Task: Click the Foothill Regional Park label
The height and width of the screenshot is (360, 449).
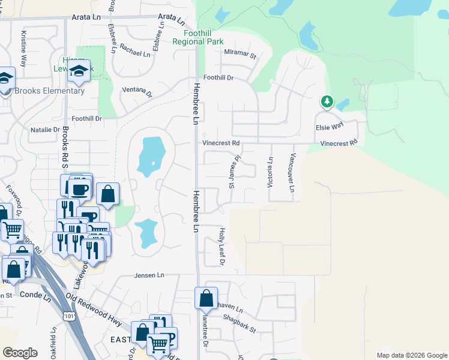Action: (x=197, y=37)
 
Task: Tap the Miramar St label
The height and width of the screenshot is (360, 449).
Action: (x=240, y=55)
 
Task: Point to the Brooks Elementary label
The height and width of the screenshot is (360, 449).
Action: (x=49, y=91)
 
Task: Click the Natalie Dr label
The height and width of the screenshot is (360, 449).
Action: (x=46, y=130)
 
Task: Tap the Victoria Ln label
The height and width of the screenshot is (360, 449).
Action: (x=270, y=172)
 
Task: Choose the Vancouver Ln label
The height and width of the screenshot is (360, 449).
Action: (x=292, y=172)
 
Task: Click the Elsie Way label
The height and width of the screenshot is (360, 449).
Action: (x=330, y=127)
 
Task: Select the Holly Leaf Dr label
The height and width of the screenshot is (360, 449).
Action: (x=221, y=247)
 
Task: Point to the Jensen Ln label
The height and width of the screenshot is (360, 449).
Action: (x=148, y=275)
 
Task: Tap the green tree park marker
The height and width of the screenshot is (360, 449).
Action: (x=327, y=102)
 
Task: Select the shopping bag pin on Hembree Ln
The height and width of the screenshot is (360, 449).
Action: (x=206, y=298)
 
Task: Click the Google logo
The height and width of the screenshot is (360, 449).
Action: (x=20, y=353)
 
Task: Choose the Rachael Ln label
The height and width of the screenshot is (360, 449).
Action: (x=135, y=53)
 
